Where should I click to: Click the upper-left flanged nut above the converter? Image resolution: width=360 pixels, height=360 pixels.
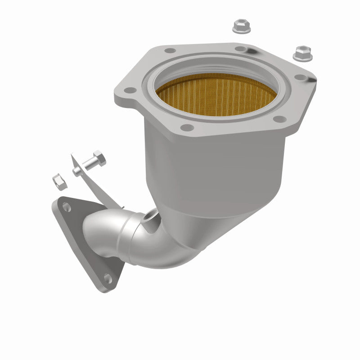241,26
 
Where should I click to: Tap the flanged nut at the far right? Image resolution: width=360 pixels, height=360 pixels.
301,53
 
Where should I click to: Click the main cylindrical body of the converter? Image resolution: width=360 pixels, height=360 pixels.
216,166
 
